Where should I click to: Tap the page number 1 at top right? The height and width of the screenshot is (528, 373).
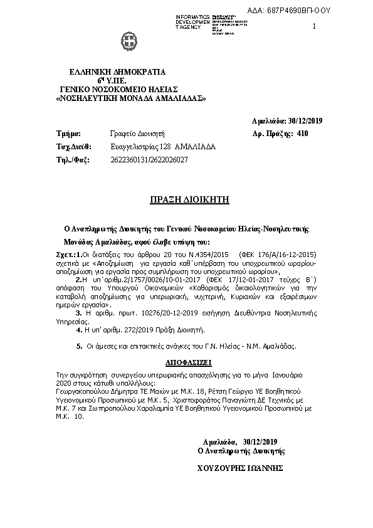pyautogui.click(x=314, y=26)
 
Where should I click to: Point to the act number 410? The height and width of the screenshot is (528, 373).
pyautogui.click(x=303, y=134)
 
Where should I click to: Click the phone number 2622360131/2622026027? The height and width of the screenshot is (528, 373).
pyautogui.click(x=149, y=160)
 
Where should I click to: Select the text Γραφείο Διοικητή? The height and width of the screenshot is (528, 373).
pyautogui.click(x=137, y=134)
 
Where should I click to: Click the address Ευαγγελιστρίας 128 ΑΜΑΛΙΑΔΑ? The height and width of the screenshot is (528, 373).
pyautogui.click(x=162, y=147)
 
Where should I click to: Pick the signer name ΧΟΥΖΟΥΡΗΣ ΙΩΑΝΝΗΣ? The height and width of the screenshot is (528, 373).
pyautogui.click(x=241, y=468)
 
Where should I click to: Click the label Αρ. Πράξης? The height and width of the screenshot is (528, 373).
pyautogui.click(x=272, y=134)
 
